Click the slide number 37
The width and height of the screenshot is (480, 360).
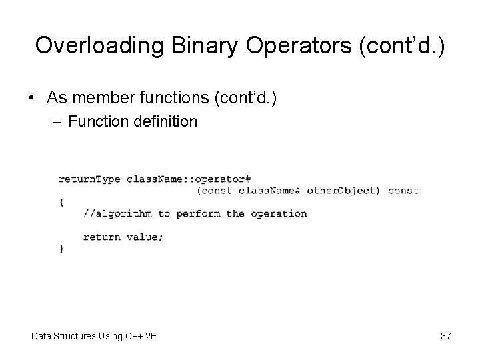point(445,336)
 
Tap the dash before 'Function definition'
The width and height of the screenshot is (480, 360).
point(58,122)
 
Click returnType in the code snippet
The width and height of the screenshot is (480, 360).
point(89,179)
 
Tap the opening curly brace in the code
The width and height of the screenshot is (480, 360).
point(61,202)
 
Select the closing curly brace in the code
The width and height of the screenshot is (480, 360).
point(61,248)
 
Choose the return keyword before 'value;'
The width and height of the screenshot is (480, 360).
point(101,237)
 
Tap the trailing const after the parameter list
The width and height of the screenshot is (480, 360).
point(403,191)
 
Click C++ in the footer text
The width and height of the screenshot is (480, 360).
point(134,336)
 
